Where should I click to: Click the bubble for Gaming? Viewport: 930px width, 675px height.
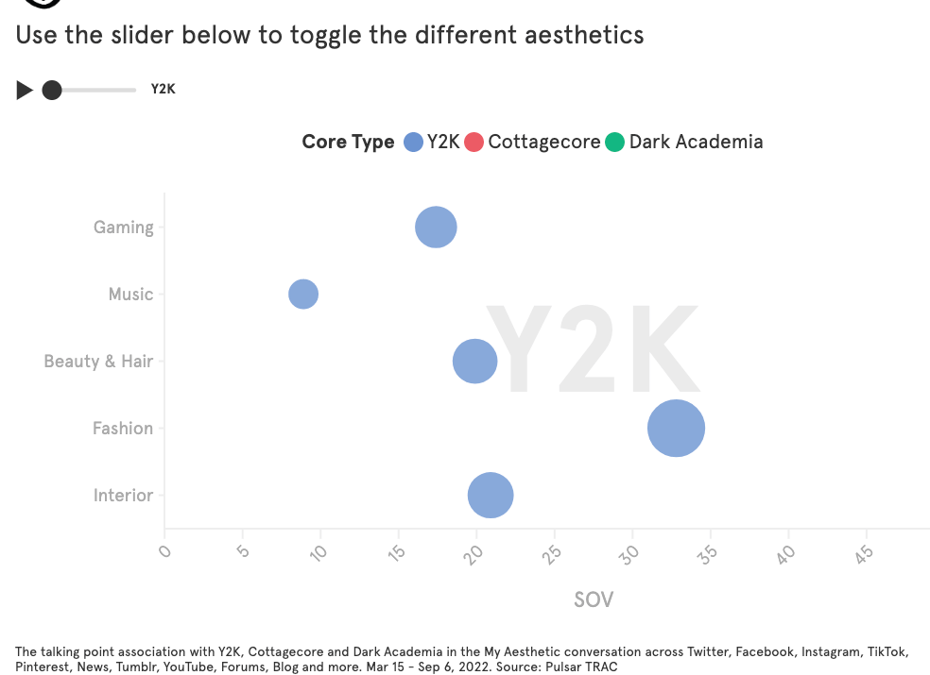click(x=436, y=227)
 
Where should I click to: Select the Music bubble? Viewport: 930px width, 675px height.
click(x=303, y=294)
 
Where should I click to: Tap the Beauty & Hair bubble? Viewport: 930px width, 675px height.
click(x=474, y=361)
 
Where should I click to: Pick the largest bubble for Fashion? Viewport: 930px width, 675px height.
click(x=676, y=428)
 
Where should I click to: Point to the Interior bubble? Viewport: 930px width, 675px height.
click(x=491, y=495)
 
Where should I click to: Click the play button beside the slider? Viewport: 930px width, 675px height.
click(x=25, y=90)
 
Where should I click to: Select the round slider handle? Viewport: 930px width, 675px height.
click(x=52, y=90)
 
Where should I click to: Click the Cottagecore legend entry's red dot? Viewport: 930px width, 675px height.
click(x=474, y=143)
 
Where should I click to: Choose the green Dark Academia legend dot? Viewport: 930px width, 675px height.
click(x=615, y=143)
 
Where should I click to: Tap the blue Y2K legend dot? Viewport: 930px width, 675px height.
click(x=413, y=143)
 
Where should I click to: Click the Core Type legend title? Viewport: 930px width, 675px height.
click(x=348, y=142)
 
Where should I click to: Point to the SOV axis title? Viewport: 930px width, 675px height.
click(x=594, y=599)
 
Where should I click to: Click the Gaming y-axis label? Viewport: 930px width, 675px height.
click(x=123, y=227)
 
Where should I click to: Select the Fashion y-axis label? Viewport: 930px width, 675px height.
click(x=122, y=428)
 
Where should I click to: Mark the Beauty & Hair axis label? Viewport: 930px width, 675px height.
click(x=98, y=361)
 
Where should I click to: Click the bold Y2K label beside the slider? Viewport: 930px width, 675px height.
click(x=164, y=90)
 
